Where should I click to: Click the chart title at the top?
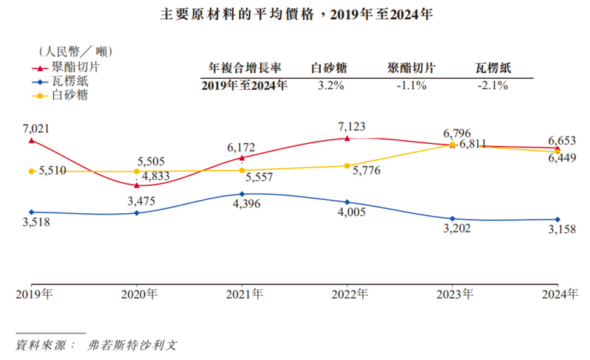pos(296,14)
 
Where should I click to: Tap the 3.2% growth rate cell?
pos(327,86)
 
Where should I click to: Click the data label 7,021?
pos(35,128)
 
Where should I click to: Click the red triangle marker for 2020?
pos(137,185)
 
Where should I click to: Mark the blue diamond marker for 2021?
pos(243,194)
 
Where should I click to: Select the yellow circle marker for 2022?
pos(347,165)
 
